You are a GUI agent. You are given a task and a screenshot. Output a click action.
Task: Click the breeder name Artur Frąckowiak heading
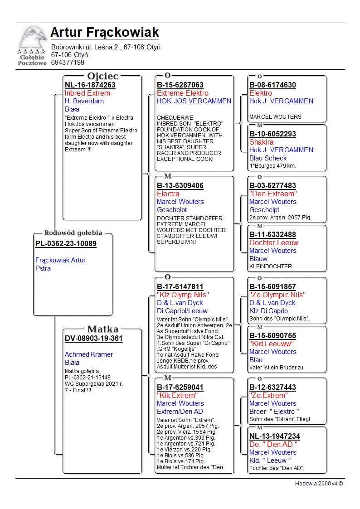[105, 33]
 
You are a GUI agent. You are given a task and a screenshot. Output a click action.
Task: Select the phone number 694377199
[68, 63]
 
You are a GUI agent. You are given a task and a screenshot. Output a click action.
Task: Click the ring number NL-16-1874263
[90, 85]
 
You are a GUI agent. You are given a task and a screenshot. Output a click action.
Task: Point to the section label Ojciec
[102, 76]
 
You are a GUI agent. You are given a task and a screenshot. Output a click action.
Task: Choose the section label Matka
[102, 329]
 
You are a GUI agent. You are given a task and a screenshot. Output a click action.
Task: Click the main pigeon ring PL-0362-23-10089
[66, 243]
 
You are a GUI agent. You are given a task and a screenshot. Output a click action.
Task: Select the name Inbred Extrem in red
[88, 93]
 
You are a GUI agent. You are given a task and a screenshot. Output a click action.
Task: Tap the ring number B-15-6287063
[180, 85]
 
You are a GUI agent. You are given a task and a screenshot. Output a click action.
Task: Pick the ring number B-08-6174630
[272, 85]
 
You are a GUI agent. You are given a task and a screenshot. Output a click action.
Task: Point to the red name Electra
[168, 194]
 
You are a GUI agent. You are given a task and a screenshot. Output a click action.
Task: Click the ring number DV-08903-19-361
[94, 338]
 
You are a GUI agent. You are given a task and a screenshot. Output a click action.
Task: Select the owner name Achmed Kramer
[89, 354]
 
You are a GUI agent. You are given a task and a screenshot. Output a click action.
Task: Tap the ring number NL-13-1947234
[275, 436]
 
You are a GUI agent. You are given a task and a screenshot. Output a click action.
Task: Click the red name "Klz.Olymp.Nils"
[183, 295]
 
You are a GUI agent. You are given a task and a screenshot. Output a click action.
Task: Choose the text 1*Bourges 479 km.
[272, 165]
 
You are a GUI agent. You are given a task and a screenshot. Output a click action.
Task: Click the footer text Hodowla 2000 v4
[319, 483]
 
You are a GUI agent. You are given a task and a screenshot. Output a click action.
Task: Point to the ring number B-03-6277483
[272, 185]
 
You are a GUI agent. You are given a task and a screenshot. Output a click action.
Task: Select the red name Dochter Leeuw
[274, 242]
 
